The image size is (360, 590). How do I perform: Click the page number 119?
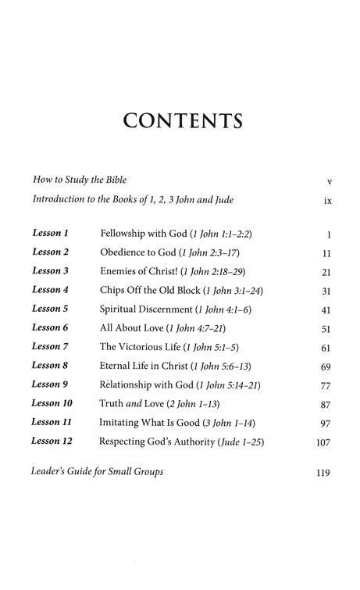click(324, 473)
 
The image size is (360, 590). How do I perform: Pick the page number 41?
click(326, 309)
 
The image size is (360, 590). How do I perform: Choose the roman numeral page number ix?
click(328, 201)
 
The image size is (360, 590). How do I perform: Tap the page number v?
click(330, 181)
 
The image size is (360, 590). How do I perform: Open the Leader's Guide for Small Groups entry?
click(98, 472)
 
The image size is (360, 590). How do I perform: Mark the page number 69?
click(326, 367)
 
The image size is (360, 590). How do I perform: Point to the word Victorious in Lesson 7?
click(150, 347)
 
